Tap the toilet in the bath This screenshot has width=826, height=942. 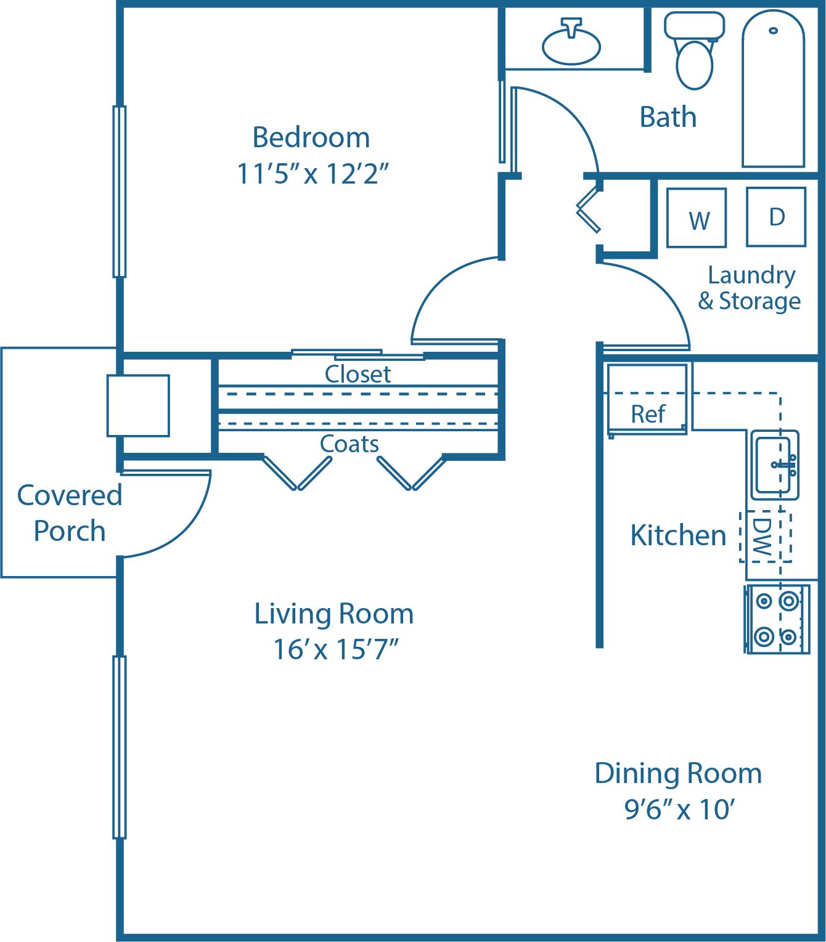[x=694, y=52]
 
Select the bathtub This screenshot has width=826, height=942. [x=773, y=92]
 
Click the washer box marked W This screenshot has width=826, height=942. [x=697, y=218]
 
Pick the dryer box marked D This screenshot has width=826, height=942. [x=776, y=217]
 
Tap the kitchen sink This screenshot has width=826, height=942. [x=775, y=465]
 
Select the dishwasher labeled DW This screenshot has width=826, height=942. [x=765, y=536]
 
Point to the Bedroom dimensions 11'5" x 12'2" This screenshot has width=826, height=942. [x=313, y=174]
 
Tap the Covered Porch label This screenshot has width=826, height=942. [x=69, y=513]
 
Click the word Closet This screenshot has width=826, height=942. [x=358, y=374]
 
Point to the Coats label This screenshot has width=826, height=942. [x=349, y=444]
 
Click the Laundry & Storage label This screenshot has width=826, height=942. [x=750, y=288]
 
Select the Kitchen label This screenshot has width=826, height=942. [x=678, y=535]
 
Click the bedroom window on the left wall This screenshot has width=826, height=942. [x=120, y=191]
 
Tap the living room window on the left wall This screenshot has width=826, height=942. [x=120, y=747]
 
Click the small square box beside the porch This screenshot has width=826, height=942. [x=138, y=405]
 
